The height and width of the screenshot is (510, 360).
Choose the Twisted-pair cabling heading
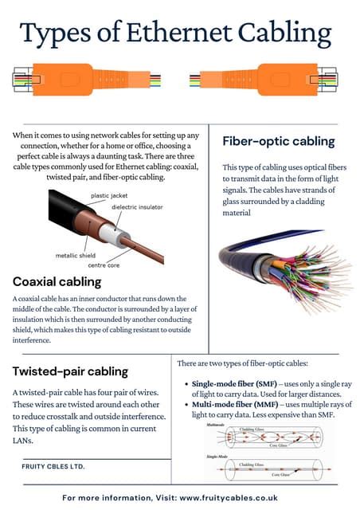(70, 371)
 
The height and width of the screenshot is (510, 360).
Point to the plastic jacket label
(110, 195)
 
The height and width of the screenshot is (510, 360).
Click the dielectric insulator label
(143, 207)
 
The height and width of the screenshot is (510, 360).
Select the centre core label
(104, 265)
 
